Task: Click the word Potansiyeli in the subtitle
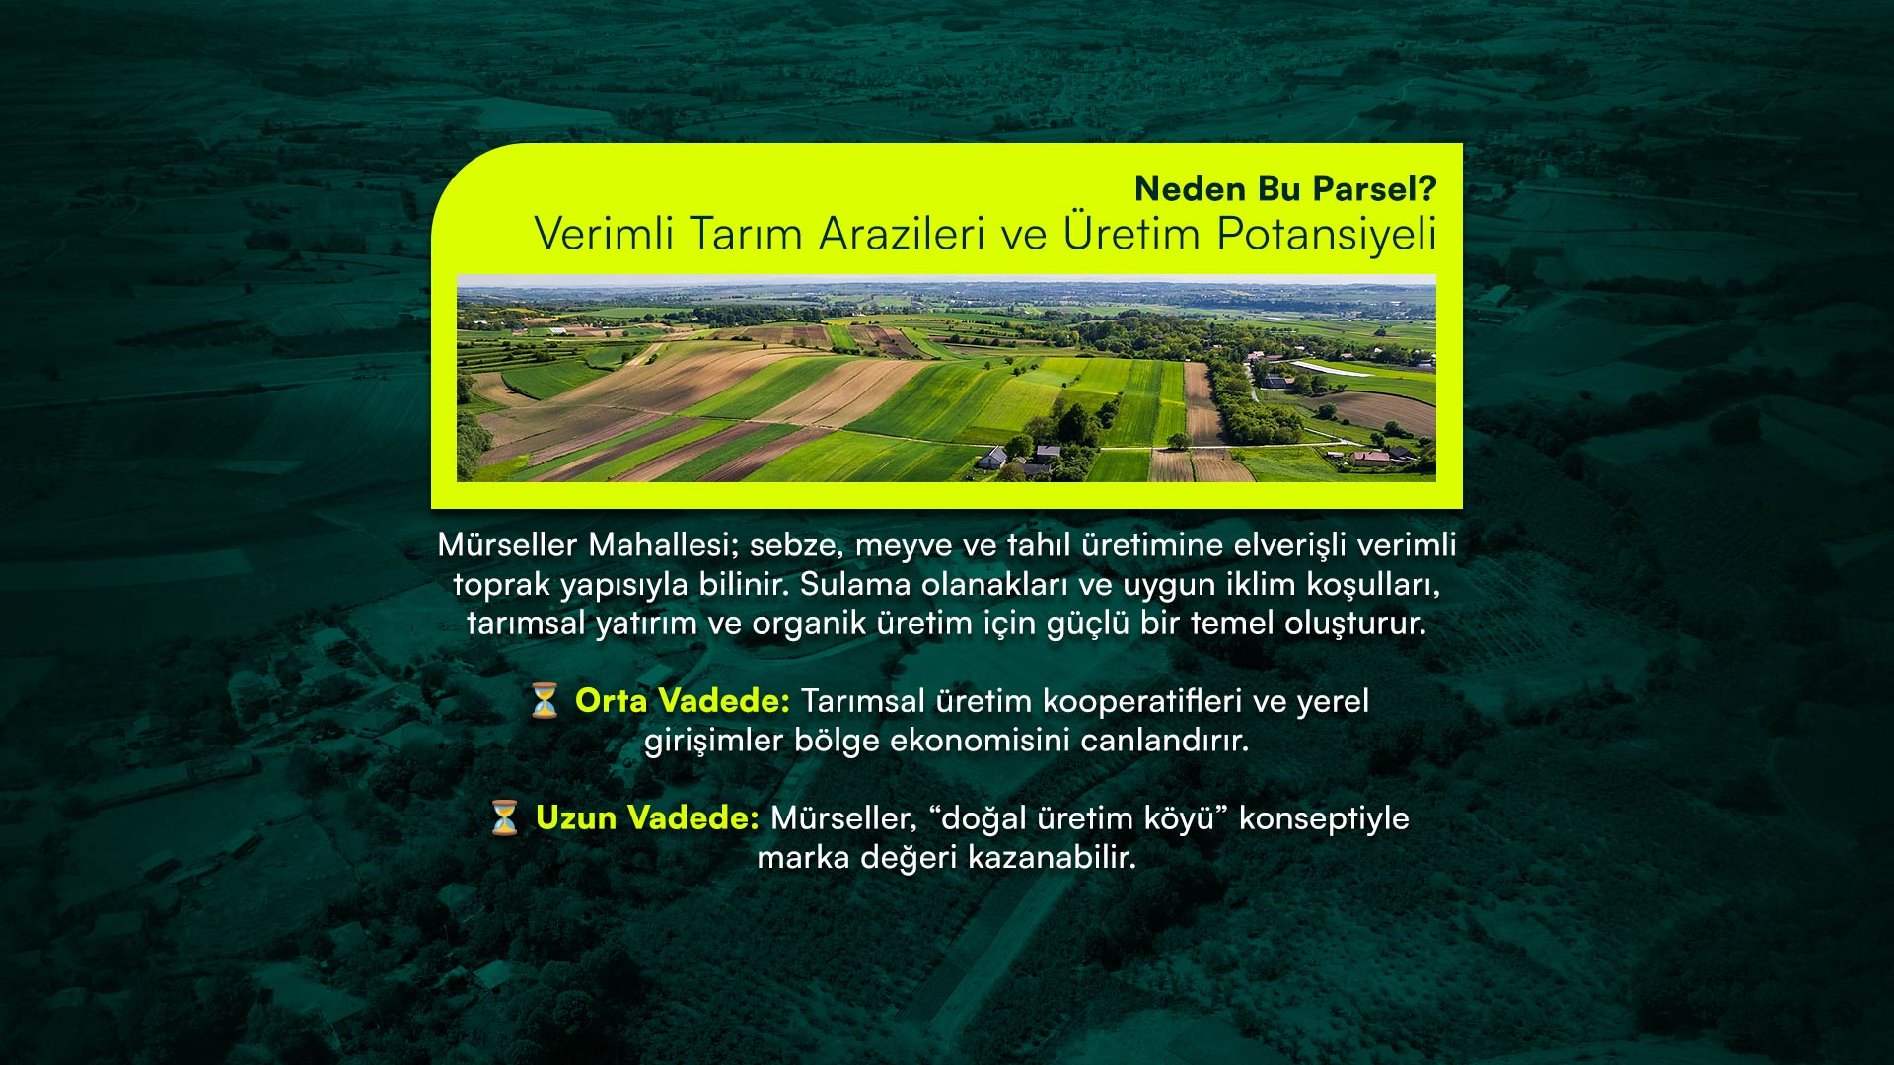coord(1327,236)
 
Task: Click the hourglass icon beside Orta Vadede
coord(545,700)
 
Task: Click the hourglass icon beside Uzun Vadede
coord(504,817)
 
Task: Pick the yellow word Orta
coord(612,701)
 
